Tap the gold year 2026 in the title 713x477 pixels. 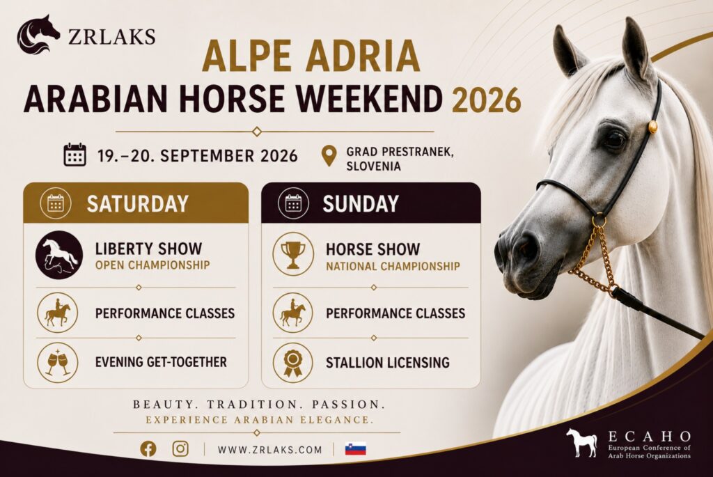486,100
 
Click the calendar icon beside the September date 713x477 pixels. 75,155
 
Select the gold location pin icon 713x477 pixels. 329,156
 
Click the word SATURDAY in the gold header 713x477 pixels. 137,203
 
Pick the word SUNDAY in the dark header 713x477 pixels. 361,203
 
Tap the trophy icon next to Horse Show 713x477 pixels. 293,254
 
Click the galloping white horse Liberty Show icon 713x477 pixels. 59,255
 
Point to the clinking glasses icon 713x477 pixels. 58,362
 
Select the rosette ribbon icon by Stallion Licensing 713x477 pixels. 293,362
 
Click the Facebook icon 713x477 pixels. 148,449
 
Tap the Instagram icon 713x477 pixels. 180,449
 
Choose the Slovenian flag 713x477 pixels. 356,449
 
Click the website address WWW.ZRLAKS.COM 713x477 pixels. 269,450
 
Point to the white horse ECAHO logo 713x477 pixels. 582,442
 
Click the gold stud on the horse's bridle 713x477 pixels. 653,126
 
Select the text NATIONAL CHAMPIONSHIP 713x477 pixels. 393,266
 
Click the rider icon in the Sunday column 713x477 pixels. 293,313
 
